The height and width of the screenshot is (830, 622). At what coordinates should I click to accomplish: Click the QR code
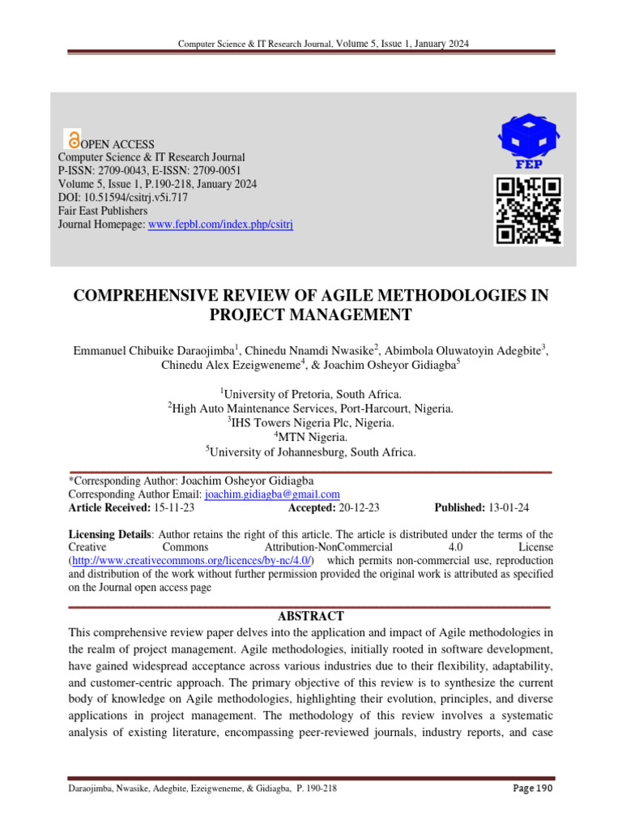[528, 211]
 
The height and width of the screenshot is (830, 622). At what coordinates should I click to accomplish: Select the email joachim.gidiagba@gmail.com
[272, 494]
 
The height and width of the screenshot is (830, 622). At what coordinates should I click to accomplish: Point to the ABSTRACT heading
[311, 616]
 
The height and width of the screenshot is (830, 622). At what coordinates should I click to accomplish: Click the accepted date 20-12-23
[360, 508]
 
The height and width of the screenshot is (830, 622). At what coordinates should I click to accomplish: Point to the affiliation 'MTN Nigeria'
[313, 438]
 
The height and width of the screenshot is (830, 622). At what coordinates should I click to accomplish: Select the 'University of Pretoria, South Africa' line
[313, 394]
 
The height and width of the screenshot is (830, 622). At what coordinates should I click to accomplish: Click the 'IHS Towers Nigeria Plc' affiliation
[313, 423]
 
